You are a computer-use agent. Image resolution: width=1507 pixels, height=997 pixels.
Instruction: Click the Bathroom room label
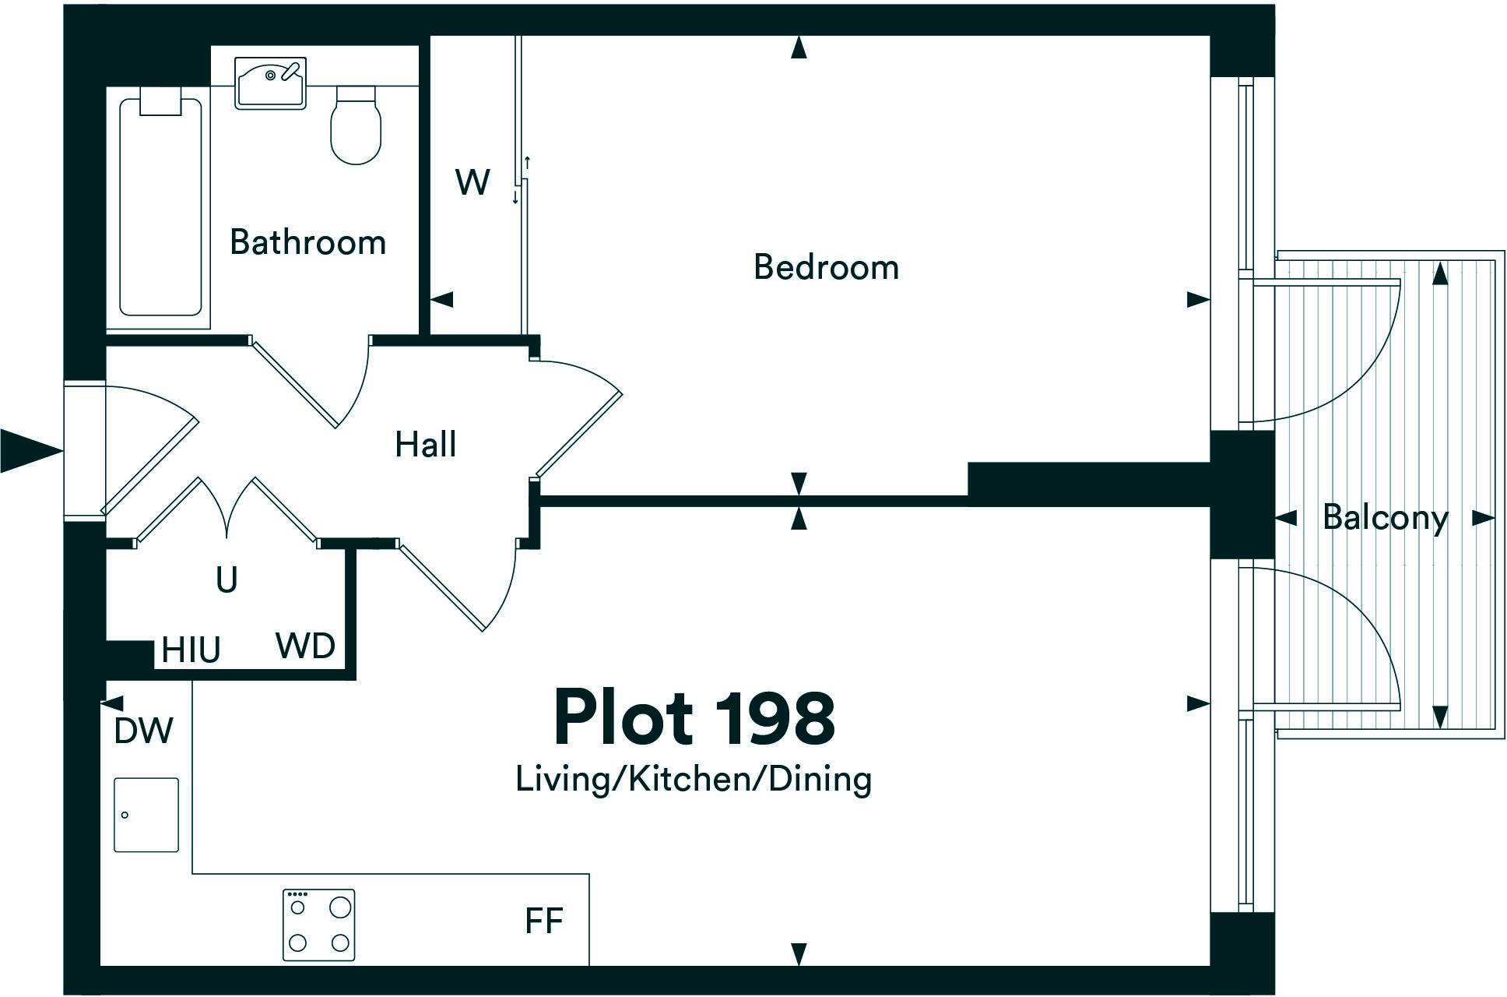(307, 242)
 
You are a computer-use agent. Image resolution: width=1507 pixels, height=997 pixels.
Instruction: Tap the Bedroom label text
(826, 267)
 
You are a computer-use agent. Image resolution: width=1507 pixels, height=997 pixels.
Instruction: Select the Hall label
(425, 444)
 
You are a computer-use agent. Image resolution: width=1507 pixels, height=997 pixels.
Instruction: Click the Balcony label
(1385, 517)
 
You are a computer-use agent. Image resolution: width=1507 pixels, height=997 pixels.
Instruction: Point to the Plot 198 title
(694, 717)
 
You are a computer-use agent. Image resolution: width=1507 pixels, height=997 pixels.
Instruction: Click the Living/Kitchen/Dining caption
(694, 779)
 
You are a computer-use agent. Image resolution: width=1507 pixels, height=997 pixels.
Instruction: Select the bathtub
(161, 206)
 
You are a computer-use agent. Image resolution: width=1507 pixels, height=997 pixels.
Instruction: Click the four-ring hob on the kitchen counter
(318, 925)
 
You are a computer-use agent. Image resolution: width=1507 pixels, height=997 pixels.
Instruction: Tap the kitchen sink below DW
(146, 815)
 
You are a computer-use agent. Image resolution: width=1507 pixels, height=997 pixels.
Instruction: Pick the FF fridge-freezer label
(544, 921)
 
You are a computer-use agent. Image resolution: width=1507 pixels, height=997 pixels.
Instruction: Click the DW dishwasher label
(143, 731)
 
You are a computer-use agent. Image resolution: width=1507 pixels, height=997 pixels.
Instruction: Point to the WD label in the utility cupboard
(305, 646)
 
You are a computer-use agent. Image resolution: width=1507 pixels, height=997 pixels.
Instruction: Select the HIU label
(191, 650)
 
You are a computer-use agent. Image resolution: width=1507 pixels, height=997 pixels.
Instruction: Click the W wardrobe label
(472, 182)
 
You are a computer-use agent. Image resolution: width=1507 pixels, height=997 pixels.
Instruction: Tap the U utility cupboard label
(226, 580)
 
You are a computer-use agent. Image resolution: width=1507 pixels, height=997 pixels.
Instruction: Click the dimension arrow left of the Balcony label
(1285, 517)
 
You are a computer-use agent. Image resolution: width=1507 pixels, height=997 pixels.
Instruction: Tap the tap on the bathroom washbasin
(291, 70)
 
